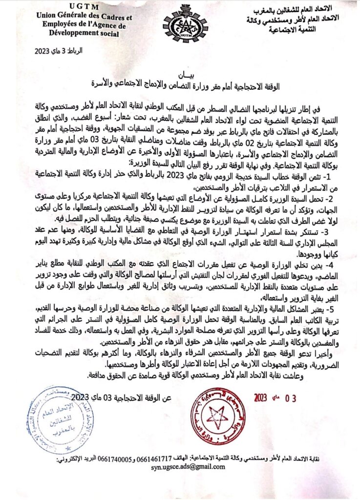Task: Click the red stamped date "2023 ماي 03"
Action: [x=275, y=397]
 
